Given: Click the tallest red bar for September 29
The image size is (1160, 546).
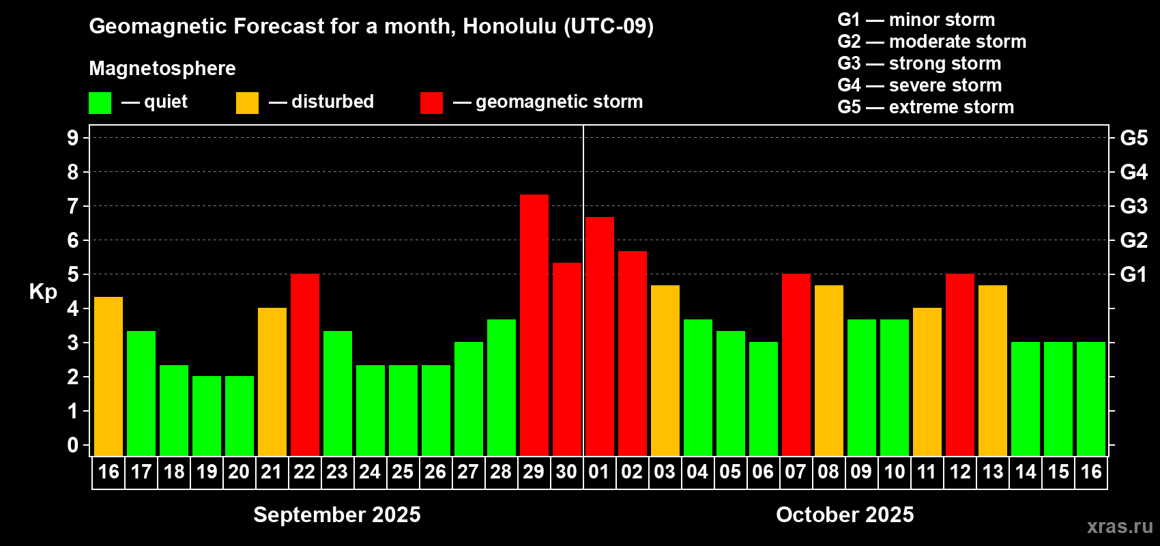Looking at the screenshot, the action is (534, 325).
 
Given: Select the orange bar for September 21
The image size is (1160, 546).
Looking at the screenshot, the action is (272, 382).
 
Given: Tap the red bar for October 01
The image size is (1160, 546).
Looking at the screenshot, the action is (600, 336).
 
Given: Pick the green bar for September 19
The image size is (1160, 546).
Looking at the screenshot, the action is (207, 416).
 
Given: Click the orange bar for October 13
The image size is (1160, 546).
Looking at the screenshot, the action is (993, 371).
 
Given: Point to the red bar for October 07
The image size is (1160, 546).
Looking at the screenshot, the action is (796, 364).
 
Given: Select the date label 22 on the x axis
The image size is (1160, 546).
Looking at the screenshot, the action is (304, 472).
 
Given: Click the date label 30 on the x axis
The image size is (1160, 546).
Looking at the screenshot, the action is (566, 472).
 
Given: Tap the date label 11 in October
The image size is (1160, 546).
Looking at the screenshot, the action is (927, 472).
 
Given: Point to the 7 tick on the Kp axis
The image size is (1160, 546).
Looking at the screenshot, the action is (73, 206).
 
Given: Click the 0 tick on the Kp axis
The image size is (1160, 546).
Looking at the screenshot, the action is (73, 445).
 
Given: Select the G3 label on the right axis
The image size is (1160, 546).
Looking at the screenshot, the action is (1133, 206).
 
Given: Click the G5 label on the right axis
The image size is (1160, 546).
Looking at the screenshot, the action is (1133, 138).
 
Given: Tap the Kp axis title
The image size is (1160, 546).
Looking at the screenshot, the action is (43, 291).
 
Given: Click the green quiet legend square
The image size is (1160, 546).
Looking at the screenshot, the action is (100, 102).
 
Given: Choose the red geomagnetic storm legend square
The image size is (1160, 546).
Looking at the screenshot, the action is (432, 102).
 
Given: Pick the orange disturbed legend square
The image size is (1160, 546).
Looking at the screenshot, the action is (248, 102).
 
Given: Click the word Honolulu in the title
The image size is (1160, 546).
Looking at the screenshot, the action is (510, 26).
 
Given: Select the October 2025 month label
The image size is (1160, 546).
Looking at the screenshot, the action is (845, 515).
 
